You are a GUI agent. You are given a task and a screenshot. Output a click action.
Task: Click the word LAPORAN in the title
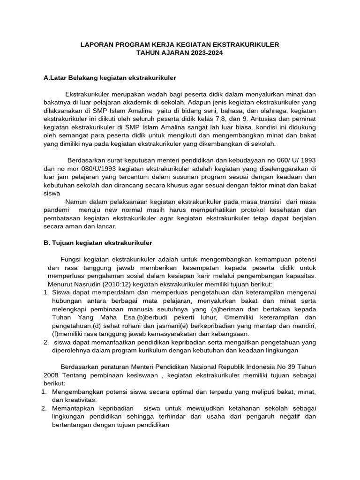(96, 45)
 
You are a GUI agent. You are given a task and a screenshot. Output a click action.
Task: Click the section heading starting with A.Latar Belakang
(110, 77)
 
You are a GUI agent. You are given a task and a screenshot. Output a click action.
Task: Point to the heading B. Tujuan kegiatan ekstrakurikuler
(98, 243)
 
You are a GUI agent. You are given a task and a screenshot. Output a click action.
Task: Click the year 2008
(52, 375)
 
